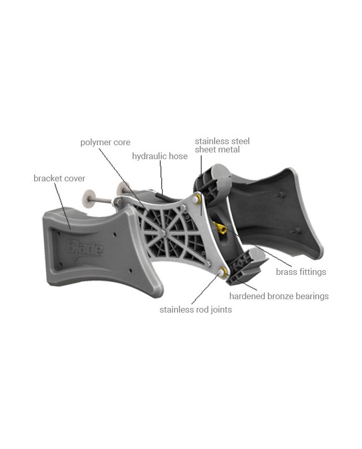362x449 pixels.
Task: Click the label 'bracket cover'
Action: (x=59, y=178)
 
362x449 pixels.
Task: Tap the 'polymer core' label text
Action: (x=105, y=142)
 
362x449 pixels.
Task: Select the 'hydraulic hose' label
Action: (x=159, y=156)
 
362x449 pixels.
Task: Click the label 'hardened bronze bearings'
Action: (x=279, y=296)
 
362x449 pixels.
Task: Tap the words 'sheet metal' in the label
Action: (x=217, y=150)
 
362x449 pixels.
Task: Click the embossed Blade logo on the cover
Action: (x=84, y=249)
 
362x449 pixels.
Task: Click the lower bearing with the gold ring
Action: (x=223, y=272)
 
